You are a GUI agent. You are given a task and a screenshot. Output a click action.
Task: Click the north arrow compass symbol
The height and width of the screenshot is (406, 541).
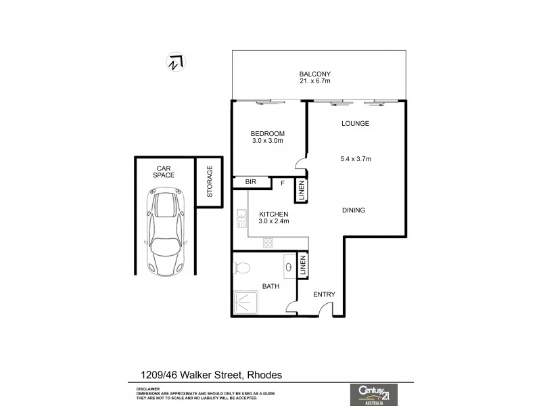click(x=176, y=62)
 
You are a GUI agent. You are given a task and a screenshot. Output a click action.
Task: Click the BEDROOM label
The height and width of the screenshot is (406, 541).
click(x=268, y=133)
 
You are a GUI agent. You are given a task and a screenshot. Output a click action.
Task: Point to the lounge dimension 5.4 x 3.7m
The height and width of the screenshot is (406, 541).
click(x=356, y=159)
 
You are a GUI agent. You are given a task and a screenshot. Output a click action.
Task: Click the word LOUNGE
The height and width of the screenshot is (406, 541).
click(x=355, y=124)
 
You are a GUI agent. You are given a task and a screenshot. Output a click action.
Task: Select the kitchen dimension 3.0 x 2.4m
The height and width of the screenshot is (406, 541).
click(x=274, y=221)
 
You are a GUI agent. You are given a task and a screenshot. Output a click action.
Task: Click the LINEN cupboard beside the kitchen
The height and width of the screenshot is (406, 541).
click(x=301, y=191)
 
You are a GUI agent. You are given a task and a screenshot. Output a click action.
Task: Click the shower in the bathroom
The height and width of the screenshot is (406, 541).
click(x=248, y=302)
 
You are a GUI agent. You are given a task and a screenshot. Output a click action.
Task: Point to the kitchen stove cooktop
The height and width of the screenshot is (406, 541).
click(x=268, y=242)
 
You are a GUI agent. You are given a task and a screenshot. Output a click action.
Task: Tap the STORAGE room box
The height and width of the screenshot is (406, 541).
click(x=209, y=181)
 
